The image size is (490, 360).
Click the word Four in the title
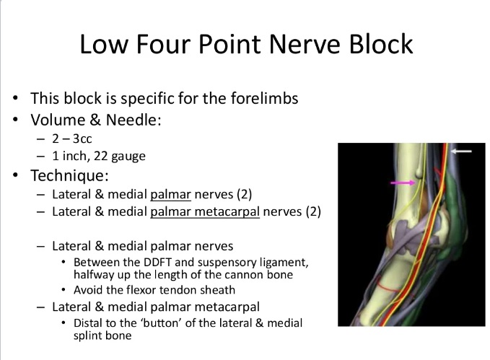point(163,44)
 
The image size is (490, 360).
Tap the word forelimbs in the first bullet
point(264,98)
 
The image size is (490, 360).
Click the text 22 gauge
point(119,157)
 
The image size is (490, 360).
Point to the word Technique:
point(69,175)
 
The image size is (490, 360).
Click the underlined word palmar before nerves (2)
point(170,195)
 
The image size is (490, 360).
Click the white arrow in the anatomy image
point(461,152)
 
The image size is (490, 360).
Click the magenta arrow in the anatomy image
point(403,183)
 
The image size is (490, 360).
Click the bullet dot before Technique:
point(16,175)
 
